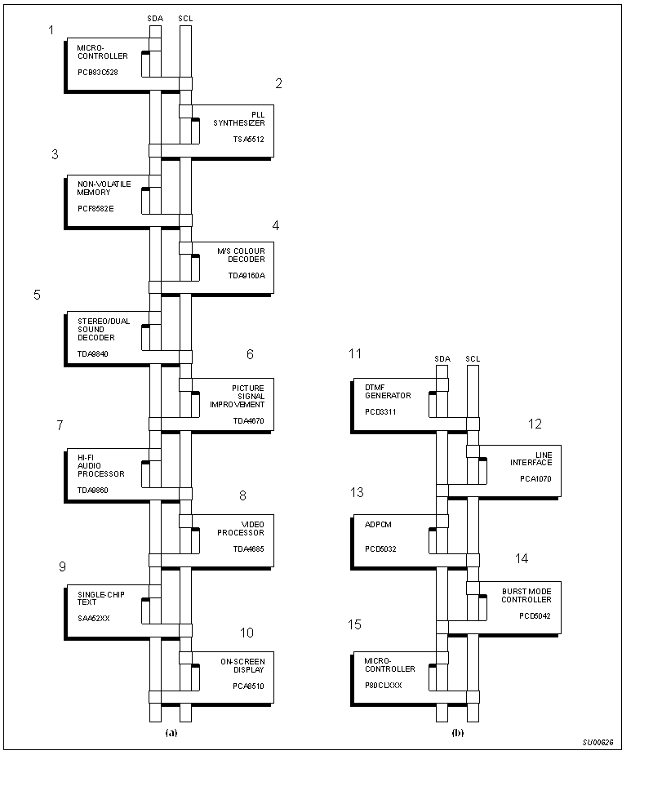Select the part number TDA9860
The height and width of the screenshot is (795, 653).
[93, 491]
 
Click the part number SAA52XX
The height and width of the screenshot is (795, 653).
[94, 619]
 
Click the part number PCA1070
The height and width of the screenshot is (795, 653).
[535, 479]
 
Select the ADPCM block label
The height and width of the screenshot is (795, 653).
[378, 524]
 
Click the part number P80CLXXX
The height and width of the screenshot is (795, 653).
[384, 686]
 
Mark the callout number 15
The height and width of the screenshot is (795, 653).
[355, 625]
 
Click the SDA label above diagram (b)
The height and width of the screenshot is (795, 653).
[442, 358]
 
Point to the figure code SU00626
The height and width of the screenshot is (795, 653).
[597, 743]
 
